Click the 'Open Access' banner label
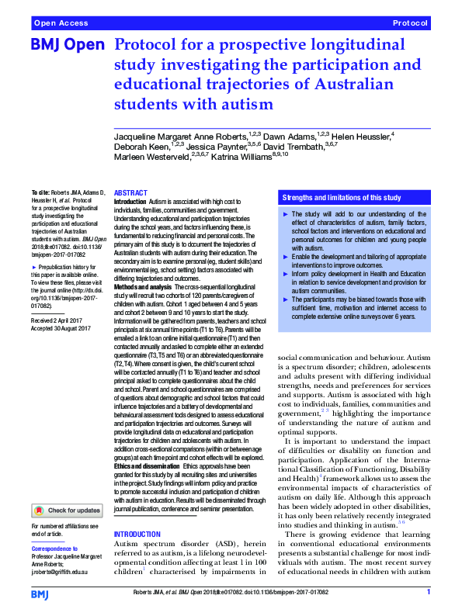[x=59, y=24]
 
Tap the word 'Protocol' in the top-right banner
[x=409, y=24]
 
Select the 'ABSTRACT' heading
[x=130, y=192]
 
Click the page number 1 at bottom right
[x=429, y=593]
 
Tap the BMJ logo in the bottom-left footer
[x=40, y=594]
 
